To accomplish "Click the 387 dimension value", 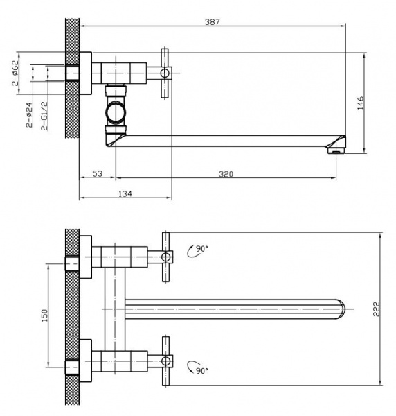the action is click(213, 21).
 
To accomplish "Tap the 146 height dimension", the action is click(361, 103).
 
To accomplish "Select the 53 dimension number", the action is click(98, 173).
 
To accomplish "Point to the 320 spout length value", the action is click(226, 174).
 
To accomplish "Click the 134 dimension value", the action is click(125, 193).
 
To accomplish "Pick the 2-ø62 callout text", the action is click(15, 73).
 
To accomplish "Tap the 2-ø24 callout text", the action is click(29, 115).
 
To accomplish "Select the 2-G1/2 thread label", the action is click(44, 116).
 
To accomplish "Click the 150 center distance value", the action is click(45, 315).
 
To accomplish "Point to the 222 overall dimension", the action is click(376, 309).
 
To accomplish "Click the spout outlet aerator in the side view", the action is click(336, 150).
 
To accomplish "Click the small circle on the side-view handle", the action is click(165, 73).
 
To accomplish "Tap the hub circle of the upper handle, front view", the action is click(166, 257).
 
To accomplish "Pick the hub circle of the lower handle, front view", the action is click(166, 361).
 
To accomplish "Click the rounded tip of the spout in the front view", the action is click(343, 309).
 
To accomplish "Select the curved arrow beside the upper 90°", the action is click(190, 252).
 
